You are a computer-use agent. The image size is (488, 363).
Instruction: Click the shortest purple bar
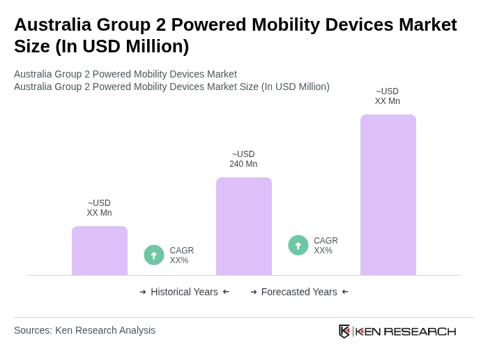coord(100,251)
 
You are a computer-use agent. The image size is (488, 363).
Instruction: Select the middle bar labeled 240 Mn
coord(243,226)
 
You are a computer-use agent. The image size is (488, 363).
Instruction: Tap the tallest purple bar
coord(388,195)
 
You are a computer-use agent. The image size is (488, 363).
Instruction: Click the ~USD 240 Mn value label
coord(243,159)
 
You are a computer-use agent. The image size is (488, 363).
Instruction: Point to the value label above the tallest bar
coord(388,96)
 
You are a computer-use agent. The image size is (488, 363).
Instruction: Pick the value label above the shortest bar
coord(99,208)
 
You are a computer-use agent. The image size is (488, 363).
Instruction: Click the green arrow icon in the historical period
coord(154,255)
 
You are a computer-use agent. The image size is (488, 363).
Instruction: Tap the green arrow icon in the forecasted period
coord(298,245)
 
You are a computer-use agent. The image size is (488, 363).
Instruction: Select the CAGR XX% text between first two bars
coord(181,255)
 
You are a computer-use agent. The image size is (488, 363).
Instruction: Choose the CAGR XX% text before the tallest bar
coord(326,246)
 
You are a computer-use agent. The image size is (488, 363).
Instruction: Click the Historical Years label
coord(184,292)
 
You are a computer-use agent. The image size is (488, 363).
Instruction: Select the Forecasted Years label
coord(299,292)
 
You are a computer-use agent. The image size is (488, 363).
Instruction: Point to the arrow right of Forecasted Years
coord(345,292)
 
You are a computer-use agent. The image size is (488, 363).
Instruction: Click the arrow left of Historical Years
coord(143,292)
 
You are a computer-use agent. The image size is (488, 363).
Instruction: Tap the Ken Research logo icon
coord(344,331)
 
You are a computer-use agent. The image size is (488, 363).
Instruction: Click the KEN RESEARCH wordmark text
coord(406,331)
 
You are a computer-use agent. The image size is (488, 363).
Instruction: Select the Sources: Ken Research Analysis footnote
coord(84,330)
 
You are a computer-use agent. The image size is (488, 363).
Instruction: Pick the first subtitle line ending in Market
coord(125,74)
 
